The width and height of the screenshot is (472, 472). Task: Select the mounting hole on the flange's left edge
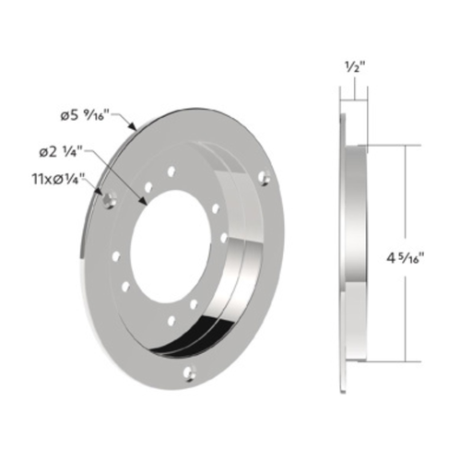tap(110, 197)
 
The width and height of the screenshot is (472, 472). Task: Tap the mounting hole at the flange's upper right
tap(264, 175)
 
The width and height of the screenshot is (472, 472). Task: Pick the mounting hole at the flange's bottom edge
tap(191, 372)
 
